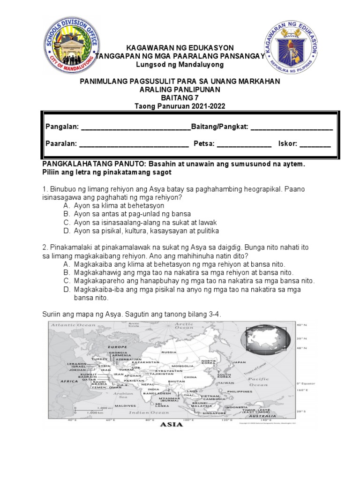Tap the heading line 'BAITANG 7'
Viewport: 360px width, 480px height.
coord(180,97)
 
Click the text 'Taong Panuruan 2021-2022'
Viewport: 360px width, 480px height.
coord(180,106)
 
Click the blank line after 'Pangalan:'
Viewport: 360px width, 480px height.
coord(136,127)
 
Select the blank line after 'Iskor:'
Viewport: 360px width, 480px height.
coord(315,144)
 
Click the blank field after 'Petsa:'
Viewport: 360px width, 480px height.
coord(244,144)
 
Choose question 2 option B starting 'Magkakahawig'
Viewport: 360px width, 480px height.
coord(183,272)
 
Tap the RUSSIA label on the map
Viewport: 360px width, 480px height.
coord(168,352)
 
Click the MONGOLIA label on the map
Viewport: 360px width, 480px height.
coord(182,366)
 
